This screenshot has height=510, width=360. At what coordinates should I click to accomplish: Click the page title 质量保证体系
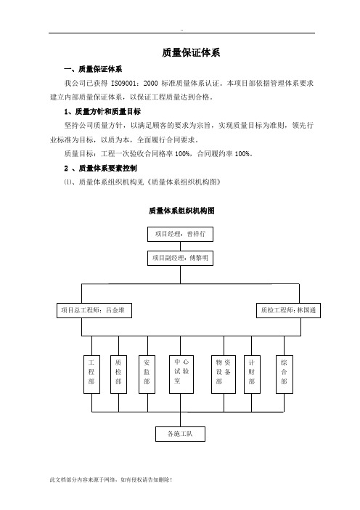(191, 53)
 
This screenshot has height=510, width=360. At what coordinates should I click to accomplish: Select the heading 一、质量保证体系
(93, 69)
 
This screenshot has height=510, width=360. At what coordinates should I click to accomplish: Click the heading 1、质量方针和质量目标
(102, 112)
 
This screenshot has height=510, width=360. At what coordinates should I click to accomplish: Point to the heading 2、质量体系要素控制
(100, 168)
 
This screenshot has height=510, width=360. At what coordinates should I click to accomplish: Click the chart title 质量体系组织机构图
(181, 211)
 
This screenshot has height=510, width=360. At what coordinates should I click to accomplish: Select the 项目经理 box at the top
(180, 234)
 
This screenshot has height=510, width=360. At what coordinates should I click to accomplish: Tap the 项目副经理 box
(180, 258)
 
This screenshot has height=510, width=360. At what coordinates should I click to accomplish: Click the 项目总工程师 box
(94, 310)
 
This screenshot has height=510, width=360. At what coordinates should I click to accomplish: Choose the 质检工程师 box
(289, 310)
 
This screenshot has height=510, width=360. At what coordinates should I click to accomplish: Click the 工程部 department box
(91, 374)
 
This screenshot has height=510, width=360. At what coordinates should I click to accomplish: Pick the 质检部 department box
(118, 374)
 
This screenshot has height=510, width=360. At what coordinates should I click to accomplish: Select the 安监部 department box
(147, 374)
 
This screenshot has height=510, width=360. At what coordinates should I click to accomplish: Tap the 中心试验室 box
(181, 374)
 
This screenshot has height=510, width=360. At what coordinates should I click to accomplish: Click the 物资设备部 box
(224, 374)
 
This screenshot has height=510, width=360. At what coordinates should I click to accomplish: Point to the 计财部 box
(252, 374)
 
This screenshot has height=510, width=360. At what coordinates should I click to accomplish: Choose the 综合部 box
(285, 374)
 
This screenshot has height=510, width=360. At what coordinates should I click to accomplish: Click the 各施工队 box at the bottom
(180, 434)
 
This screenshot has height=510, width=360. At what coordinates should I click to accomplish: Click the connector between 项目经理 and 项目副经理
(180, 246)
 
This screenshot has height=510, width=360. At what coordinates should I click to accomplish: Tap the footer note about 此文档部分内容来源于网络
(111, 479)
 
